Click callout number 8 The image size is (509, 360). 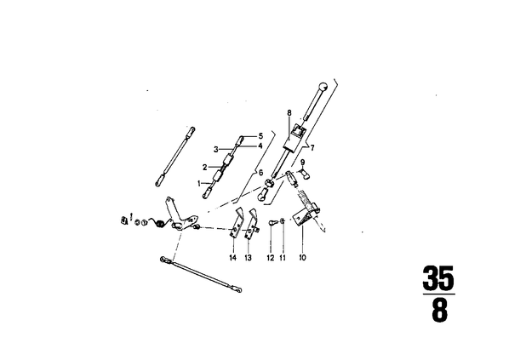[289, 112]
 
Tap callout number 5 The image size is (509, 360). [260, 135]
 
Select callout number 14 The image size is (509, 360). [232, 258]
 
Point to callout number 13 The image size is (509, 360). [248, 258]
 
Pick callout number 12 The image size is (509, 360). [271, 258]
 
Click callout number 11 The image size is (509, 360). [283, 258]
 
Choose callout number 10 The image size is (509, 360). [302, 258]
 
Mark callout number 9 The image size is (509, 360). [303, 162]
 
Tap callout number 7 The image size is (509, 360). [312, 148]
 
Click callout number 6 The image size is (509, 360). [260, 173]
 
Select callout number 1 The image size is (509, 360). [199, 184]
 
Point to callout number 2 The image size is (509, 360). [205, 168]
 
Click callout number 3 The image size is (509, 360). [216, 150]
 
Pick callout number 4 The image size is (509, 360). [260, 146]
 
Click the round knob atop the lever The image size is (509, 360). [323, 87]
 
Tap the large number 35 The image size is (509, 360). [438, 277]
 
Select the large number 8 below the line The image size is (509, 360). [439, 311]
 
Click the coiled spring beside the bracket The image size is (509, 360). [159, 223]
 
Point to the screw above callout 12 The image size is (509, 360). [272, 223]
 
